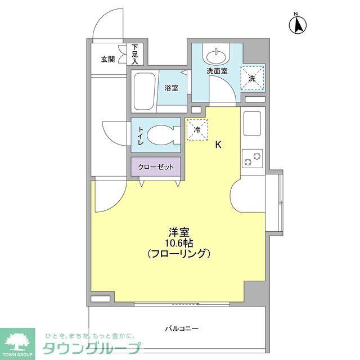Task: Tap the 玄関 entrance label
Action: click(x=108, y=58)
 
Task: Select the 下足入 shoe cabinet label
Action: click(x=135, y=54)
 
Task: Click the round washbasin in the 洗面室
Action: click(x=215, y=57)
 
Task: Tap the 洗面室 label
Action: click(x=217, y=71)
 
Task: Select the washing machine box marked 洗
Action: click(x=252, y=78)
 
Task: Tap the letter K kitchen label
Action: click(x=219, y=145)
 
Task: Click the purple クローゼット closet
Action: click(x=156, y=167)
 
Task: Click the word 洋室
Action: click(x=179, y=231)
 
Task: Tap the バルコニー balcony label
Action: click(x=182, y=328)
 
